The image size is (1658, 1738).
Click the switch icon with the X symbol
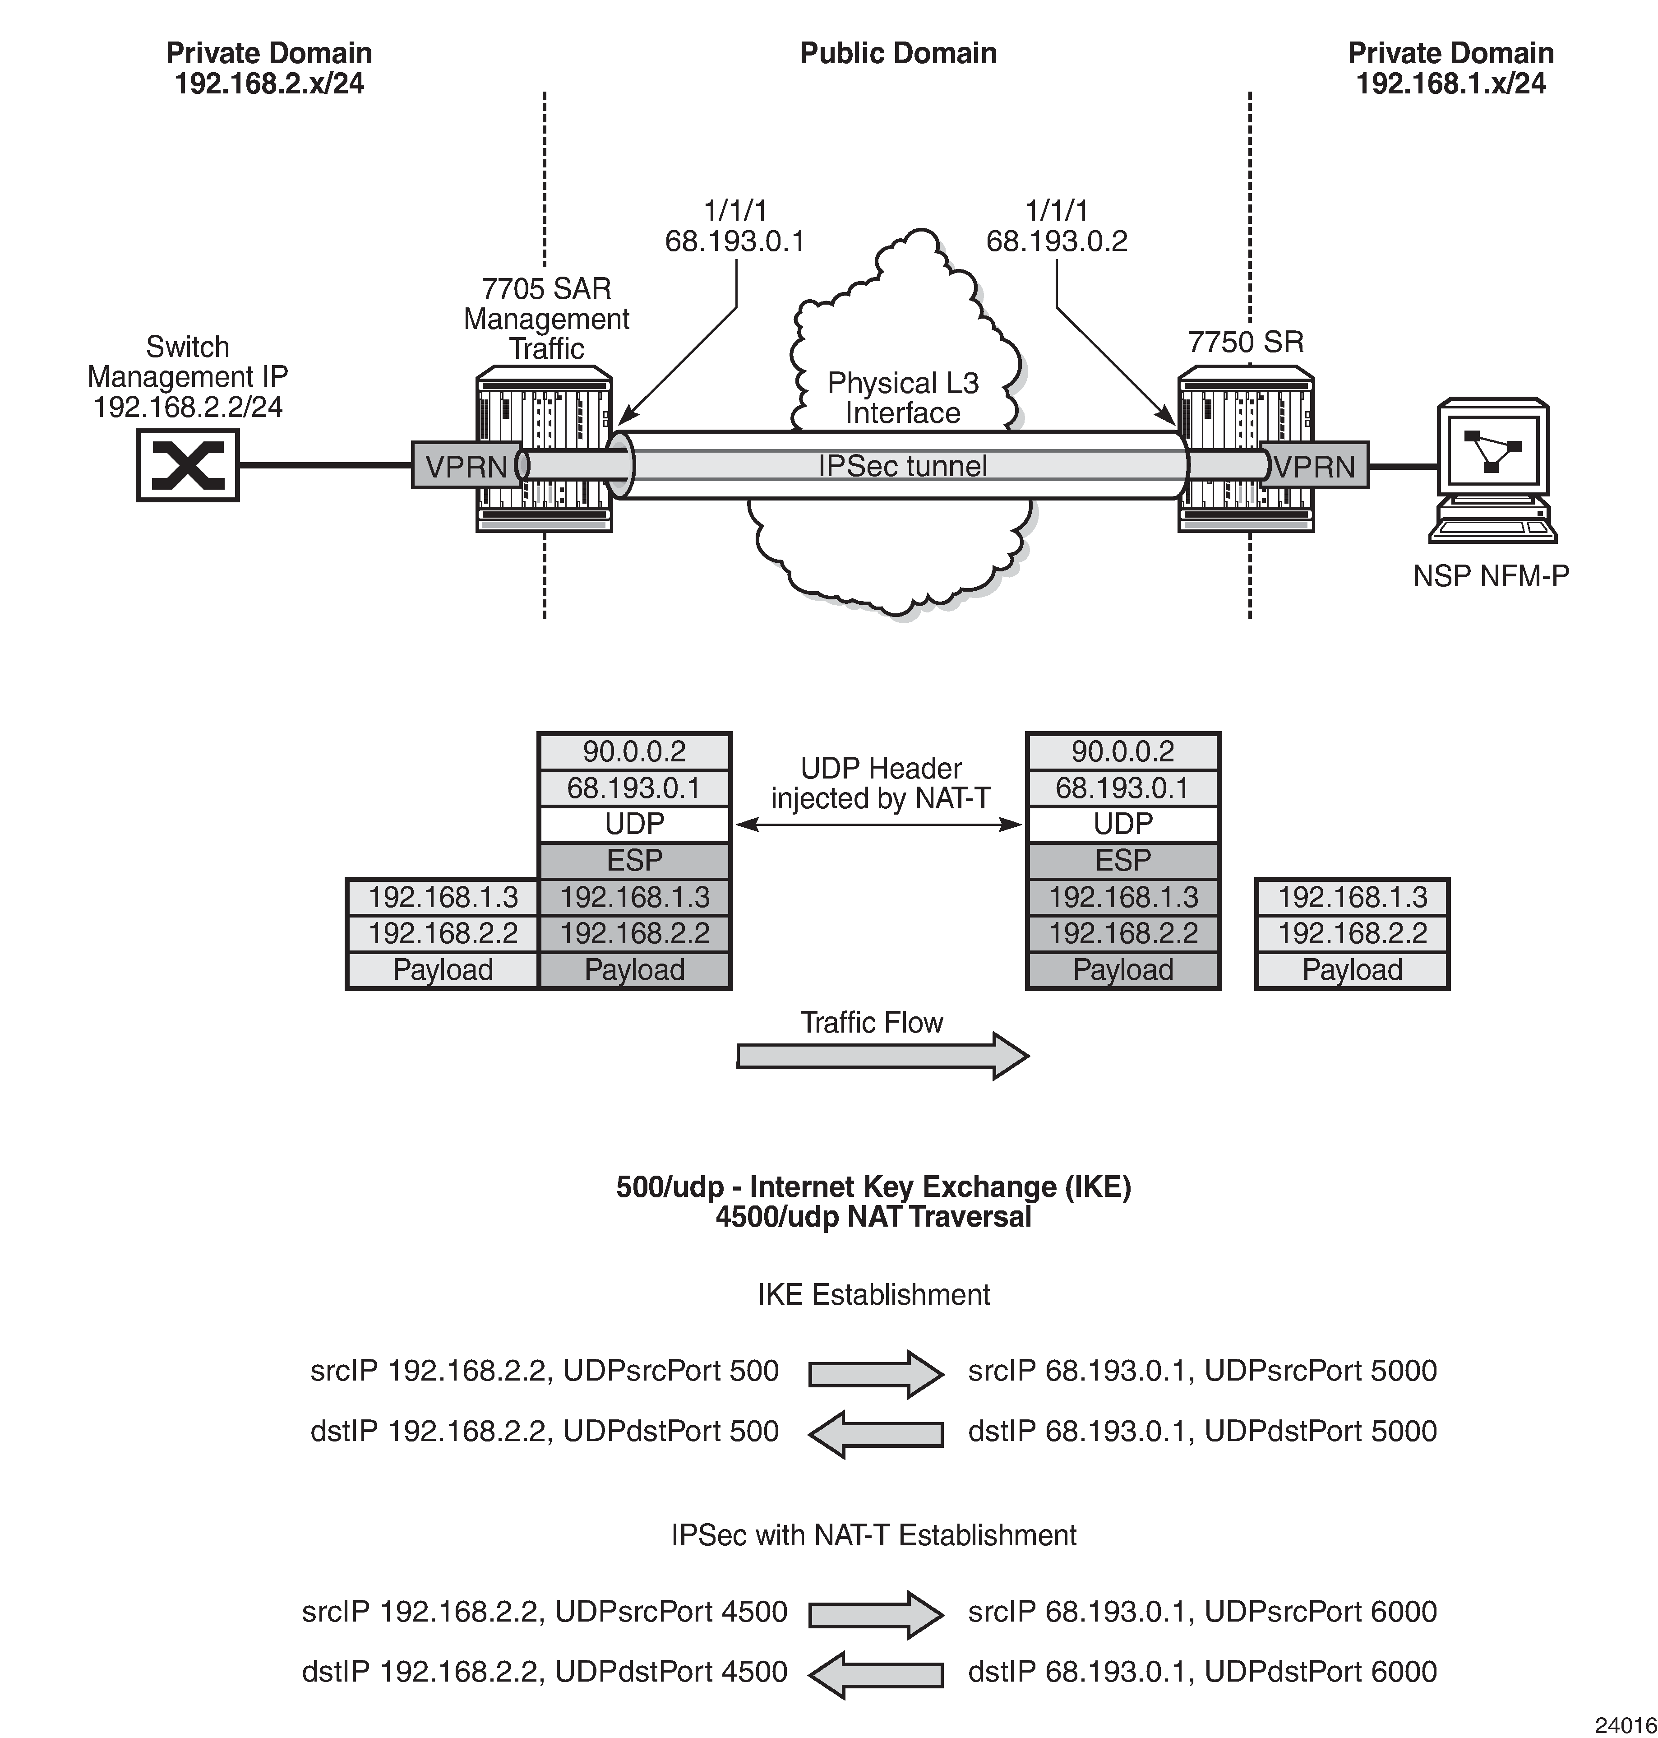click(187, 465)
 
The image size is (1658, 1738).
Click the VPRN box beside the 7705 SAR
click(466, 466)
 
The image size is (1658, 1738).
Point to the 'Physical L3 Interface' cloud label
click(902, 398)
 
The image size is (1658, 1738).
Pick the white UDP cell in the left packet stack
click(635, 824)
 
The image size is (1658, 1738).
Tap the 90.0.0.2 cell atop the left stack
click(635, 751)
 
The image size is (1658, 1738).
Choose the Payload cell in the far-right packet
click(1352, 970)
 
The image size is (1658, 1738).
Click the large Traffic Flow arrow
click(882, 1056)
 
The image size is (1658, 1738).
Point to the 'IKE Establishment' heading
click(873, 1294)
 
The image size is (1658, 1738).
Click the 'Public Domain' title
click(898, 53)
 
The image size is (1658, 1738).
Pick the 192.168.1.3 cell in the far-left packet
click(443, 897)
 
